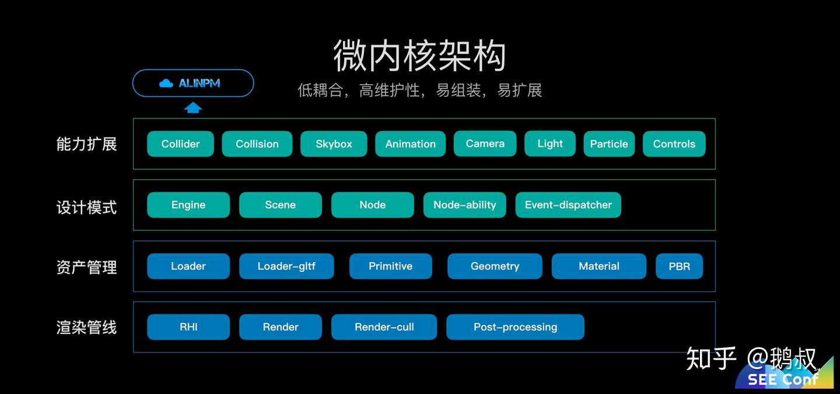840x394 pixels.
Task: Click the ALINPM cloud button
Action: tap(193, 83)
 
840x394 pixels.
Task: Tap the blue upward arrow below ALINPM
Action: tap(193, 108)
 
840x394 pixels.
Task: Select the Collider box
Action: tap(180, 144)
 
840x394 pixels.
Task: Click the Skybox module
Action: tap(334, 144)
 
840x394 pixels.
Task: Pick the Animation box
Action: tap(410, 144)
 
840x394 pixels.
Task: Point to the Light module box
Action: tap(550, 144)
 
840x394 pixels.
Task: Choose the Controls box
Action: tap(674, 144)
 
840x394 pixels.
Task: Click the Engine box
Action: tap(188, 205)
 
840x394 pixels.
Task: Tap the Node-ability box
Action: tap(464, 205)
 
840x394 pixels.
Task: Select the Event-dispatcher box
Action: tap(568, 205)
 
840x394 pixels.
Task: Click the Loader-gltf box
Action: tap(286, 266)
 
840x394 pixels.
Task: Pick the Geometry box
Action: tap(495, 266)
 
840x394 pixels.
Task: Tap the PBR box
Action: tap(679, 266)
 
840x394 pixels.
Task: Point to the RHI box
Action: tap(188, 327)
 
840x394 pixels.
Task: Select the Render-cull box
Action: tap(384, 327)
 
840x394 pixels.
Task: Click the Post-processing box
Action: tap(515, 327)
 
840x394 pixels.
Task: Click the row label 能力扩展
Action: tap(86, 144)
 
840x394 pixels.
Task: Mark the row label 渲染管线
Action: tap(86, 327)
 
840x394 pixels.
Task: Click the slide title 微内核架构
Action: tap(419, 57)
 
